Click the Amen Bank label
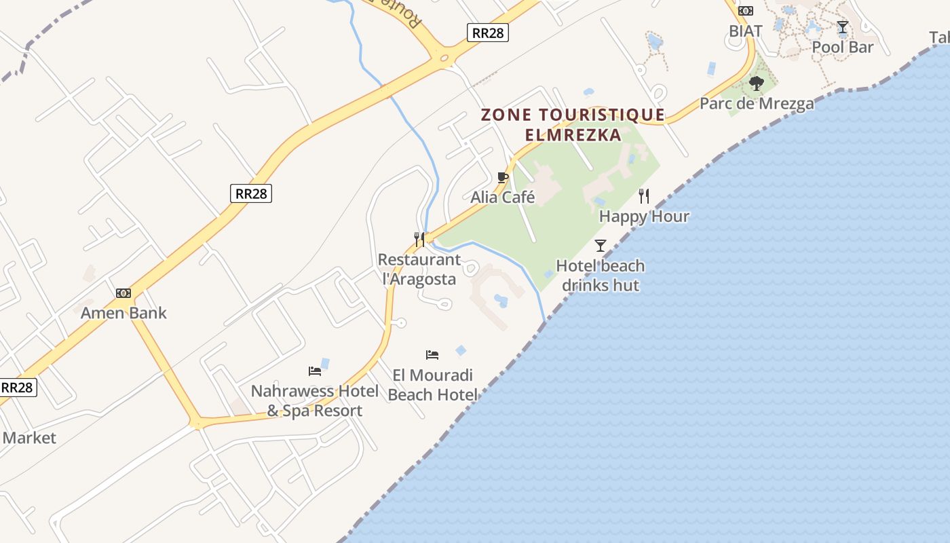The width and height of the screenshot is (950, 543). point(123,313)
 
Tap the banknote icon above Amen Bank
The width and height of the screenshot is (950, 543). point(123,293)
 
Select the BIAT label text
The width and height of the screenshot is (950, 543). point(746,31)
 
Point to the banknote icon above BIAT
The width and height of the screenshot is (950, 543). point(746,11)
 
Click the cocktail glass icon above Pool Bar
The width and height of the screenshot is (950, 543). point(843,27)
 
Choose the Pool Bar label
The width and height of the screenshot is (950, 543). point(843,47)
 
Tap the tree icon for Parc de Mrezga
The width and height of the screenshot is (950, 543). point(757,83)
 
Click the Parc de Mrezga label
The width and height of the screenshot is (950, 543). point(757,104)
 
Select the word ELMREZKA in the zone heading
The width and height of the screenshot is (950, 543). point(573,134)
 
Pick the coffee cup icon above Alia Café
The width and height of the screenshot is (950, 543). point(503,178)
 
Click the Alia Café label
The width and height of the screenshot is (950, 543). point(503,198)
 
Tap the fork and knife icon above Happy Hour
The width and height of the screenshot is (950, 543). point(644,196)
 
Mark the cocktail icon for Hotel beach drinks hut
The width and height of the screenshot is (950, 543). point(601,246)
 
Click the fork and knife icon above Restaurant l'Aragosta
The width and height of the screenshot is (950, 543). point(419,240)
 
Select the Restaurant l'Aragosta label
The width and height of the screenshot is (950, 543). point(419,269)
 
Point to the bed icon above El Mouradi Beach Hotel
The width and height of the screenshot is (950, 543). point(432,355)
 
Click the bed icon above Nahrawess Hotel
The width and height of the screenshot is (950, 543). point(315,371)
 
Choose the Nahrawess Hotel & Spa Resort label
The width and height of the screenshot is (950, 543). point(315,400)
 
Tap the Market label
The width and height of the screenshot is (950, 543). point(29,438)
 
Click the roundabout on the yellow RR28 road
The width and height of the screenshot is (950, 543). point(445,58)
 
